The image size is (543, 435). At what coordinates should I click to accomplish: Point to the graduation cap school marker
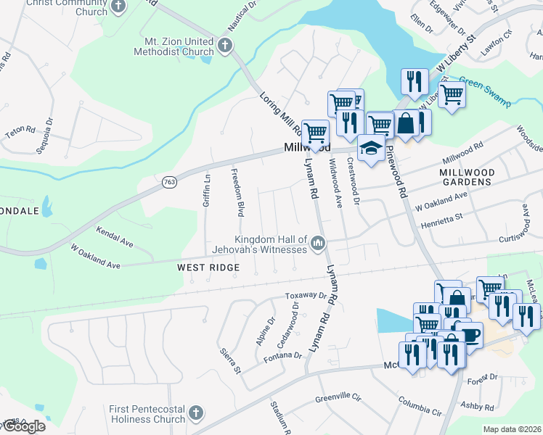tap(372, 148)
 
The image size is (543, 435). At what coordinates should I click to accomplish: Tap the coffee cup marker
tap(469, 336)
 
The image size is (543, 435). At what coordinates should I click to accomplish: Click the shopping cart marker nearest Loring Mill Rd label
tap(315, 133)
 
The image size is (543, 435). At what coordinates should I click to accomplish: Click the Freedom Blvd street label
tap(237, 192)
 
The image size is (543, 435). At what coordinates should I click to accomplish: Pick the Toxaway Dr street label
tap(305, 296)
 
